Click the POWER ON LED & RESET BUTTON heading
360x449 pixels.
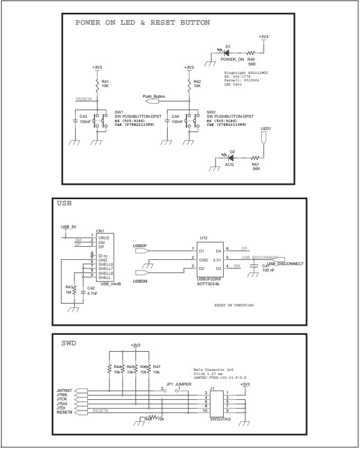click(142, 23)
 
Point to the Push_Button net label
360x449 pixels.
click(154, 97)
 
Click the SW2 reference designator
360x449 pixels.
click(211, 112)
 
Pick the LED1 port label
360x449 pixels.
click(265, 128)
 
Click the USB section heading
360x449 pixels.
click(64, 203)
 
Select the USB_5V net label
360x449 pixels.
click(69, 227)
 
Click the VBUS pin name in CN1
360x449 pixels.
click(104, 237)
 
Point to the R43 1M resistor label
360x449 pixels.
click(68, 289)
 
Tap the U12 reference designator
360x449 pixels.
click(204, 238)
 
